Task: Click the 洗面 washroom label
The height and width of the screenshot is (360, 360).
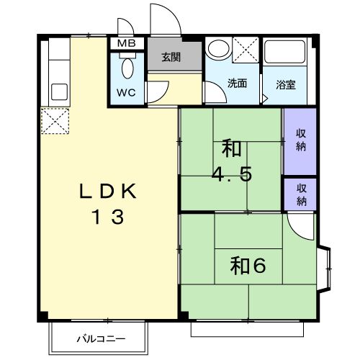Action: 238,83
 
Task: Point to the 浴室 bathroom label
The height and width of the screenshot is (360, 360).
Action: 286,84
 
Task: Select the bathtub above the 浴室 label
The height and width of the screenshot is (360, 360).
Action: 287,54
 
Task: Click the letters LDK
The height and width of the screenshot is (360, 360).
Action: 107,192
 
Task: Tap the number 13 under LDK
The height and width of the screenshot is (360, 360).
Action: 107,216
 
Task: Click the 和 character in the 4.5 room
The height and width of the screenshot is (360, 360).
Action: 232,150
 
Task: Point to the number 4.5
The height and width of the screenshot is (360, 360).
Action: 232,175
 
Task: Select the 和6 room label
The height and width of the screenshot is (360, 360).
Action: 248,265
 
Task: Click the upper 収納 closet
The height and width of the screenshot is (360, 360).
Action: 300,140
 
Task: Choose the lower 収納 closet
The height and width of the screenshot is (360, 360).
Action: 300,192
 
